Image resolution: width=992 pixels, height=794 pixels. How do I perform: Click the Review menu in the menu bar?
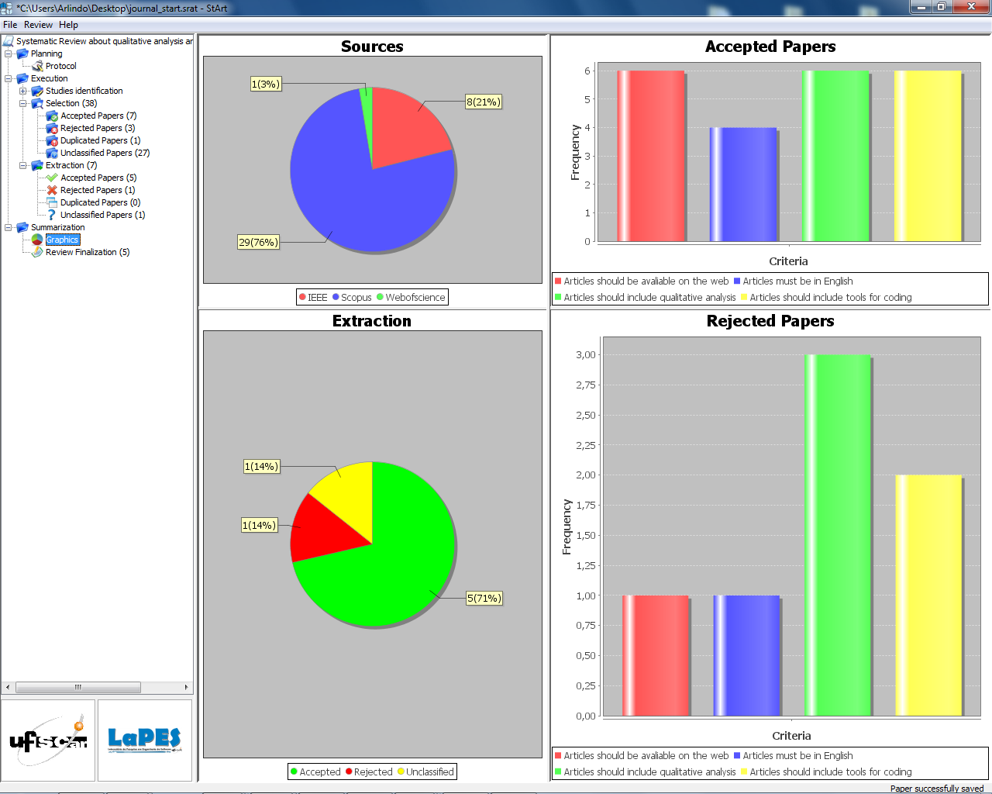pyautogui.click(x=38, y=25)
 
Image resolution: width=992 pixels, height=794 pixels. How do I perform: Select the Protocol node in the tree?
pyautogui.click(x=60, y=66)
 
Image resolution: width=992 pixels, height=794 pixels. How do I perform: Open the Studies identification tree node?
pyautogui.click(x=84, y=91)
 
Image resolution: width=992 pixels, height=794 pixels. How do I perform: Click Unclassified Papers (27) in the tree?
pyautogui.click(x=105, y=153)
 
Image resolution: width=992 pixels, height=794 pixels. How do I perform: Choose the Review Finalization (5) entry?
pyautogui.click(x=87, y=252)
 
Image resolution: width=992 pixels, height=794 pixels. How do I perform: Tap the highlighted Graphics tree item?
pyautogui.click(x=62, y=240)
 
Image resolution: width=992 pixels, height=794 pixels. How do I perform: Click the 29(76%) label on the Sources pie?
pyautogui.click(x=258, y=242)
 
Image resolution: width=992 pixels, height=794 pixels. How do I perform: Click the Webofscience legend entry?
pyautogui.click(x=415, y=297)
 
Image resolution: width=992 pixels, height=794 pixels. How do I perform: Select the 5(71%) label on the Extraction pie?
pyautogui.click(x=484, y=598)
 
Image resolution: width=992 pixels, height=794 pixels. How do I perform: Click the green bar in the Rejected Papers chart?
pyautogui.click(x=837, y=535)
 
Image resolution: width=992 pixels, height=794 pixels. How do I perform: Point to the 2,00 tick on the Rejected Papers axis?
pyautogui.click(x=585, y=475)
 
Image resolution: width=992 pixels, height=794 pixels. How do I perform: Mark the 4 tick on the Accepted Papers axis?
pyautogui.click(x=587, y=127)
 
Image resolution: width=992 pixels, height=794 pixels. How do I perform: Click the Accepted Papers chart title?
pyautogui.click(x=770, y=47)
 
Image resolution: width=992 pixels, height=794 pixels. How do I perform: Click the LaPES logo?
pyautogui.click(x=145, y=740)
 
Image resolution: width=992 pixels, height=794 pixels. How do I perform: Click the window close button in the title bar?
pyautogui.click(x=971, y=7)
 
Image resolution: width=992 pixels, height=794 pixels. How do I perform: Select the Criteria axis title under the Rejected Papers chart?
pyautogui.click(x=791, y=736)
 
